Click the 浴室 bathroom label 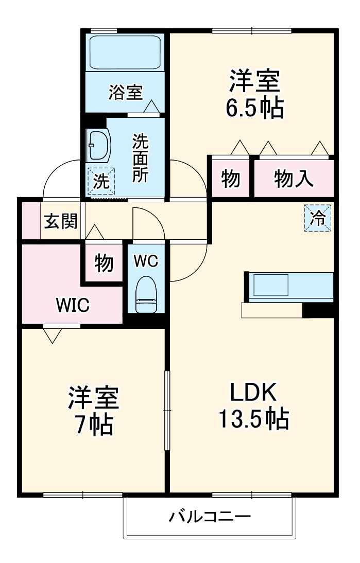(x=125, y=93)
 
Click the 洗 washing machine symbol (x=101, y=181)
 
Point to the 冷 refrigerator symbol (x=318, y=218)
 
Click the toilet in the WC (x=146, y=295)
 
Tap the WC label (x=146, y=261)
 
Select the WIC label (x=73, y=306)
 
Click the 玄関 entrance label (x=61, y=222)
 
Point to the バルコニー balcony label (x=210, y=516)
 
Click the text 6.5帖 (x=254, y=108)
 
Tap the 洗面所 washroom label (x=140, y=158)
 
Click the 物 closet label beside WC (x=104, y=263)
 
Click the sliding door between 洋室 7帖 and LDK (x=166, y=410)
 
